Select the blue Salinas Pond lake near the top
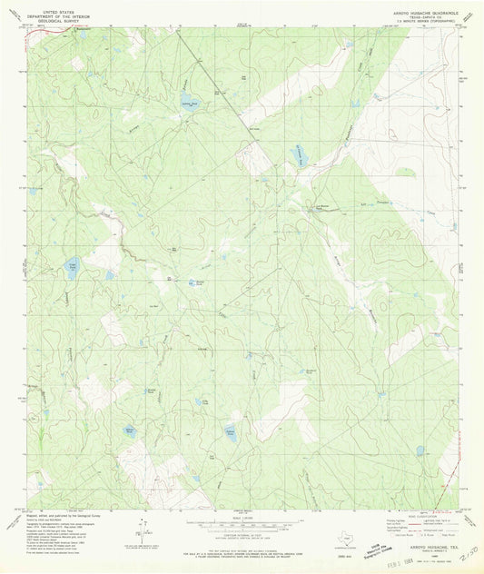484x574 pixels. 187,100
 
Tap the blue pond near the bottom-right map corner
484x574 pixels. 420,450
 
